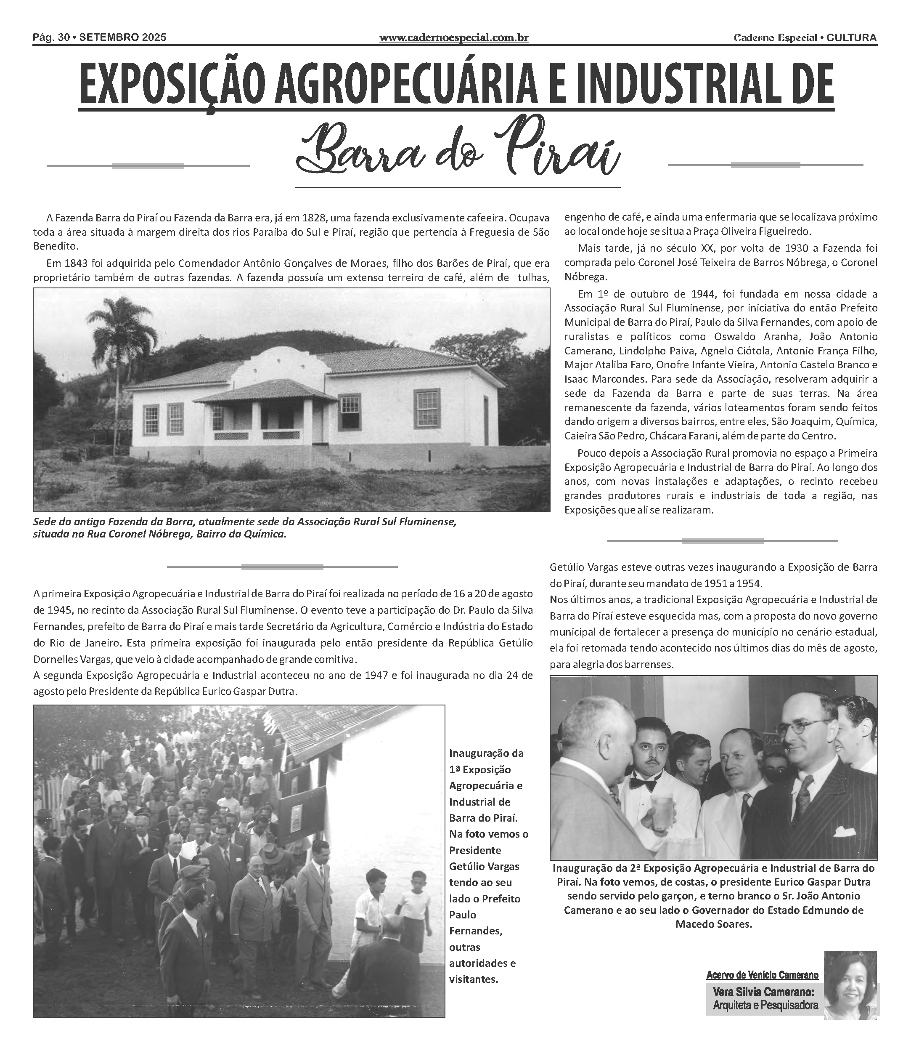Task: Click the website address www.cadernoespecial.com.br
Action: pyautogui.click(x=453, y=37)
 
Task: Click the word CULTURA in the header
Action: pyautogui.click(x=852, y=37)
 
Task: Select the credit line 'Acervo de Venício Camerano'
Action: pyautogui.click(x=762, y=975)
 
